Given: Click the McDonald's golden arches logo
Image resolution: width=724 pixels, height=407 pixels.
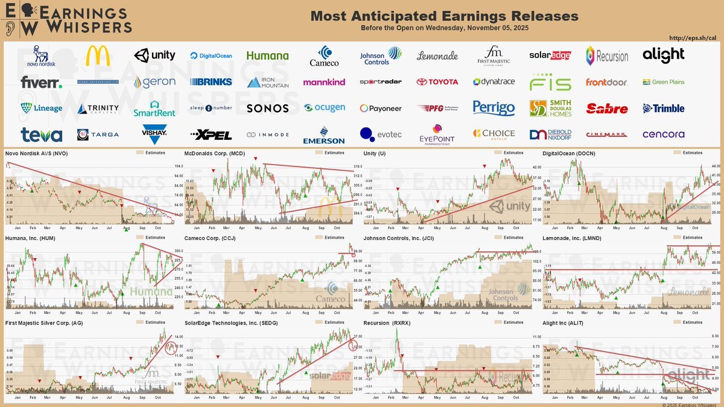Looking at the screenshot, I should point(98,55).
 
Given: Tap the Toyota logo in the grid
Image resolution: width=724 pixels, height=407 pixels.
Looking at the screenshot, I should point(437,81).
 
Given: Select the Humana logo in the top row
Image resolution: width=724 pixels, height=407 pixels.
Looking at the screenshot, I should point(267,55).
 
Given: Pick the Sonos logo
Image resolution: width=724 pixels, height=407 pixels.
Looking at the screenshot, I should point(267,109).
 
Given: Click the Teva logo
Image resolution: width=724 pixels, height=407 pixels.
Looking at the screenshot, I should point(41,134).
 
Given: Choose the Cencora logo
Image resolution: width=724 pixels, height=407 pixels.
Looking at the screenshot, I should point(663,134).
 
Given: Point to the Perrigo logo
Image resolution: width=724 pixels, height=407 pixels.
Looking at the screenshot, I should point(494,109).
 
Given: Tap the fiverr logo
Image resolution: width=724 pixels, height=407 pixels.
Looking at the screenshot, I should point(41,82).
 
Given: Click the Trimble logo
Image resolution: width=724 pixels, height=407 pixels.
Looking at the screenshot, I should point(663,109).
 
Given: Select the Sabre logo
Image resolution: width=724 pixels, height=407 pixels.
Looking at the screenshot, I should point(607,109).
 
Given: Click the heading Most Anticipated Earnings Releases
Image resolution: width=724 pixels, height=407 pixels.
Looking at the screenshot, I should point(444,16).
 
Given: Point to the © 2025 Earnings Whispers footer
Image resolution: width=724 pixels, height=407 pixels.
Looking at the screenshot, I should point(687,403).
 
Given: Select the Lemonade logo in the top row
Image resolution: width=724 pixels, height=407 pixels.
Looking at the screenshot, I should point(437,56).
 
